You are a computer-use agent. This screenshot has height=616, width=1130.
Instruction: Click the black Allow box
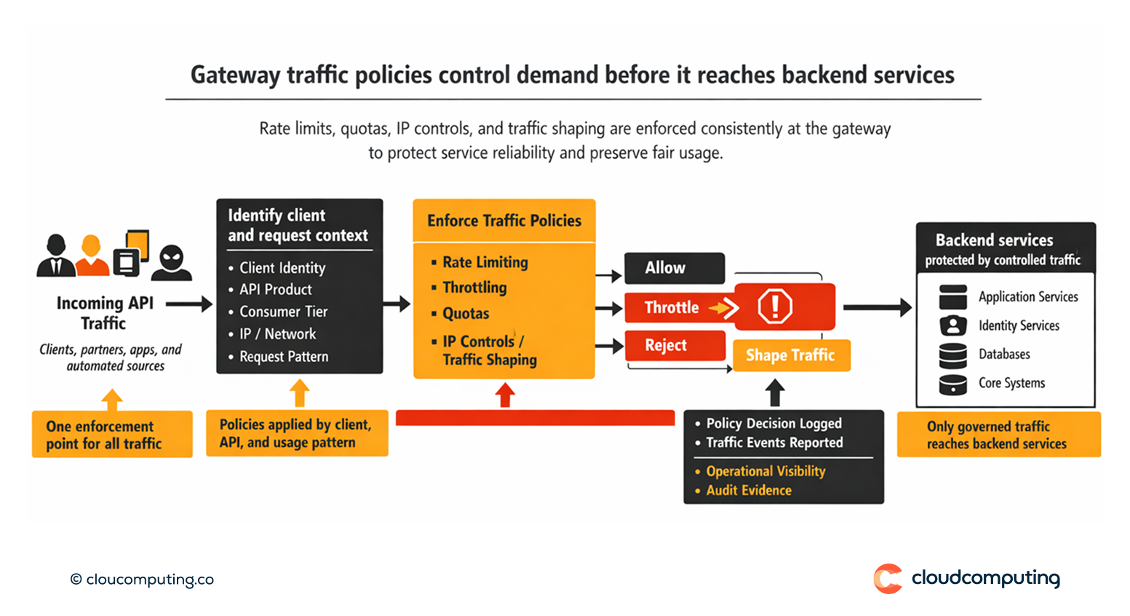[674, 268]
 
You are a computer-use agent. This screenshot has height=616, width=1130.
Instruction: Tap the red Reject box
[675, 345]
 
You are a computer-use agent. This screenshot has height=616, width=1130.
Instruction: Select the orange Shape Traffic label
[791, 355]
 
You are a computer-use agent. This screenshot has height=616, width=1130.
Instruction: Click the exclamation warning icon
[775, 306]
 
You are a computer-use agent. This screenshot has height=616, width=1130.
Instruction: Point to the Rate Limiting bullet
[485, 262]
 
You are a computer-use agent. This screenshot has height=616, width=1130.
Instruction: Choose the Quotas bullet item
[466, 314]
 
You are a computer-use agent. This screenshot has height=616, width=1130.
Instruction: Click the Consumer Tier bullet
[283, 312]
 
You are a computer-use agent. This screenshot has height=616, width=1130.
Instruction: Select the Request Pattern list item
[284, 357]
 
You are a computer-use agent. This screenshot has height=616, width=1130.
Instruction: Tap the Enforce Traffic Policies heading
[504, 221]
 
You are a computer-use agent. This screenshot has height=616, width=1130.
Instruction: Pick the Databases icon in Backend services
[952, 355]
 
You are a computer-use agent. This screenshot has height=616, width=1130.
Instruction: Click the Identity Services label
[1019, 325]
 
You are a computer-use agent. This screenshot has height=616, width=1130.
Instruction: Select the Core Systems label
[1011, 383]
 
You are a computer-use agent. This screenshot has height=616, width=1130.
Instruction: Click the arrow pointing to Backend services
[877, 307]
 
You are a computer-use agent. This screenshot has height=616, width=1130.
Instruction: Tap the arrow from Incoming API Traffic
[188, 304]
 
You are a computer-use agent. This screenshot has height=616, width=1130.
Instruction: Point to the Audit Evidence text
[749, 491]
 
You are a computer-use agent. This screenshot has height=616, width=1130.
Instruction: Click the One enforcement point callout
[112, 435]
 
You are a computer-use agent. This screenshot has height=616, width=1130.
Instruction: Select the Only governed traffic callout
[998, 435]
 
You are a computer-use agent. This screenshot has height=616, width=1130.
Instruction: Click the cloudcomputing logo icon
[888, 579]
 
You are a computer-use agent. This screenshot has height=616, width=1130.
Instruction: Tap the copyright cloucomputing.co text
[142, 580]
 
